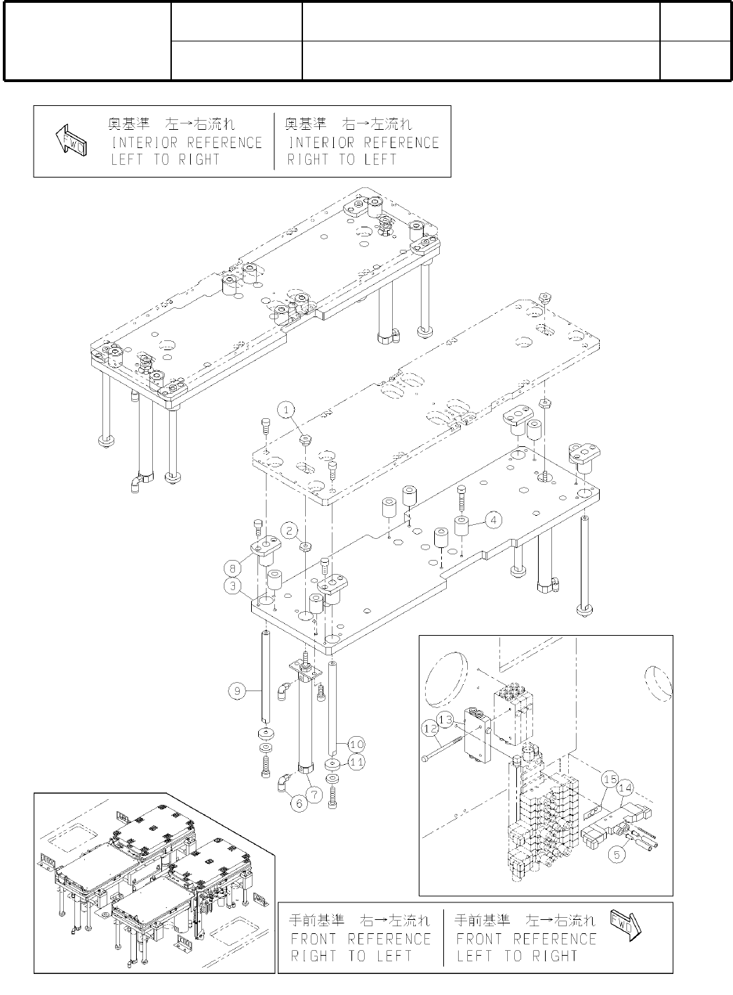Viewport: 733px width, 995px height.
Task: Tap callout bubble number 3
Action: click(233, 585)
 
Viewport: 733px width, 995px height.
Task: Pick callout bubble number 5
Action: click(617, 855)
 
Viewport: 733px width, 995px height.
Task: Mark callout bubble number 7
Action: click(314, 794)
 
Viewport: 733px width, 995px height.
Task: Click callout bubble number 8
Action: click(233, 566)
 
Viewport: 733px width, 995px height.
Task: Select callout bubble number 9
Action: click(237, 691)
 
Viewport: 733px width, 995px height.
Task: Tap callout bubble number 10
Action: click(356, 744)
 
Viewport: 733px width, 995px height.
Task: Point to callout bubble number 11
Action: click(356, 761)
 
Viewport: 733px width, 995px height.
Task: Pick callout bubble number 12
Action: click(430, 729)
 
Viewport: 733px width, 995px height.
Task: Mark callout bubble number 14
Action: click(625, 788)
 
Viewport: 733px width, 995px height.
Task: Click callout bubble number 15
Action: click(609, 779)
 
